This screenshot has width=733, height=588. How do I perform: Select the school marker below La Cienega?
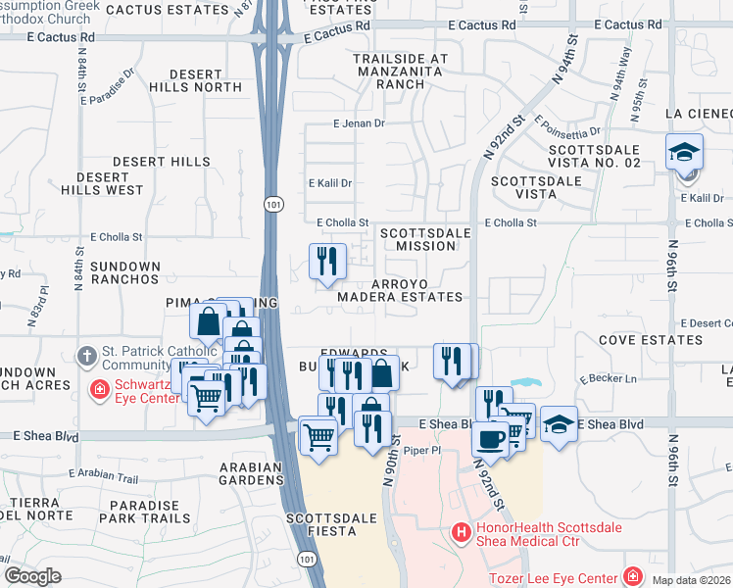tap(684, 153)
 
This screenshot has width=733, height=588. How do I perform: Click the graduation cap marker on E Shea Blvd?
tap(558, 424)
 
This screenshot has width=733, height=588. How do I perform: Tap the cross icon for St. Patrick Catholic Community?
tap(86, 354)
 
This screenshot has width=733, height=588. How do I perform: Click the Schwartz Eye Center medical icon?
tap(99, 390)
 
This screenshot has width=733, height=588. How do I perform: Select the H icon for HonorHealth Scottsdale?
tap(461, 532)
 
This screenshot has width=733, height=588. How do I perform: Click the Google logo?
tap(32, 575)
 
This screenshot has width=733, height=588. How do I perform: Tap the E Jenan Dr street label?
tap(360, 123)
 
